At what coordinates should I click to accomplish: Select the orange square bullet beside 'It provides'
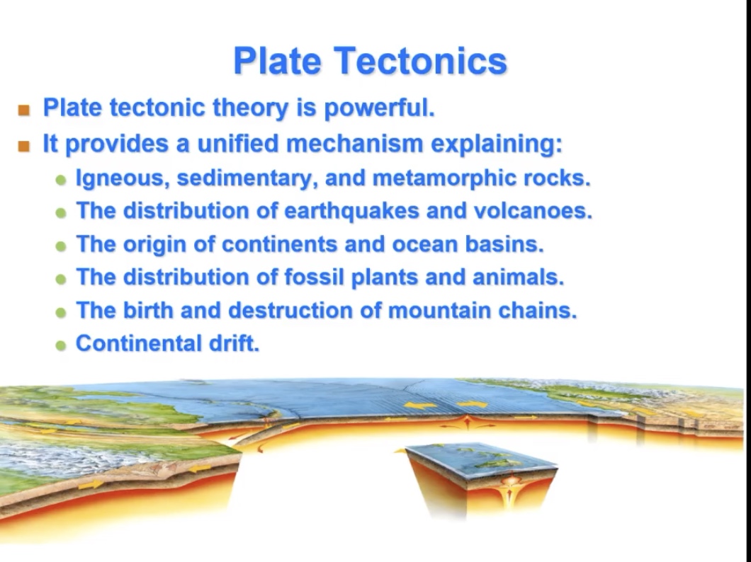(25, 147)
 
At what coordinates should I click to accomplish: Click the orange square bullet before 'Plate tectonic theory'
(25, 110)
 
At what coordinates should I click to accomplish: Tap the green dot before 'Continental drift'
(61, 346)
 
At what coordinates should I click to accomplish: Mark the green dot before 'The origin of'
(61, 246)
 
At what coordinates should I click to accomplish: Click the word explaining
(496, 144)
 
